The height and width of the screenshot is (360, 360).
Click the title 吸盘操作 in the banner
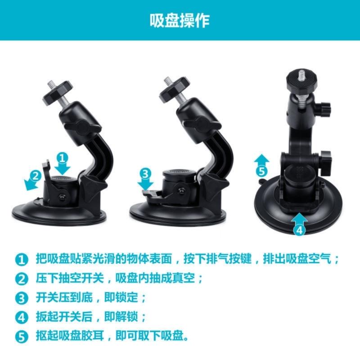tap(180, 20)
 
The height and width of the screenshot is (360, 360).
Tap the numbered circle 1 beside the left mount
tap(63, 157)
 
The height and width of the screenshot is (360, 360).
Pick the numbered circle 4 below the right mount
tap(300, 230)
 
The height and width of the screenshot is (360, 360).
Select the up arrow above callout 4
tap(300, 219)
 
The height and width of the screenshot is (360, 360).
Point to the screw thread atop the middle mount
tap(168, 81)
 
